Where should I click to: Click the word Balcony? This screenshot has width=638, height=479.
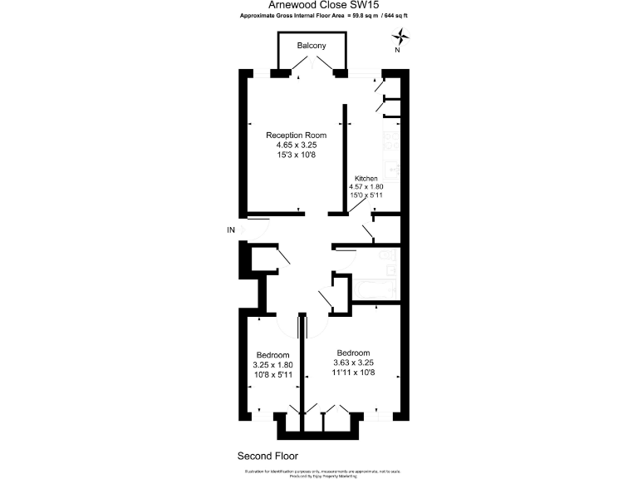pos(312,46)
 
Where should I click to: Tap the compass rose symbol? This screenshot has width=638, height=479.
pos(401,36)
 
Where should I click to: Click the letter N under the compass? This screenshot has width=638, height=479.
pos(397,50)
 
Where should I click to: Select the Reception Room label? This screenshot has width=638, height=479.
pos(296,135)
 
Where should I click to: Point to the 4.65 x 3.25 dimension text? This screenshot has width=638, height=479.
pos(297,146)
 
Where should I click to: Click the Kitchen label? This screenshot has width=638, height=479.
pos(366,179)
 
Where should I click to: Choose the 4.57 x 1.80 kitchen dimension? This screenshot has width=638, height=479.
pos(367,187)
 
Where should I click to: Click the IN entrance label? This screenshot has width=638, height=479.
pos(232,230)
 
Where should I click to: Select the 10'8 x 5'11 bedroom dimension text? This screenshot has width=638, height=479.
pos(272,374)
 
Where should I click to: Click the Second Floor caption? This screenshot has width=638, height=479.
pos(267,456)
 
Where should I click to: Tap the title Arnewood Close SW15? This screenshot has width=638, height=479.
pos(319,5)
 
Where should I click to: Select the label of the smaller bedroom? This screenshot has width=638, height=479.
pos(272,353)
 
